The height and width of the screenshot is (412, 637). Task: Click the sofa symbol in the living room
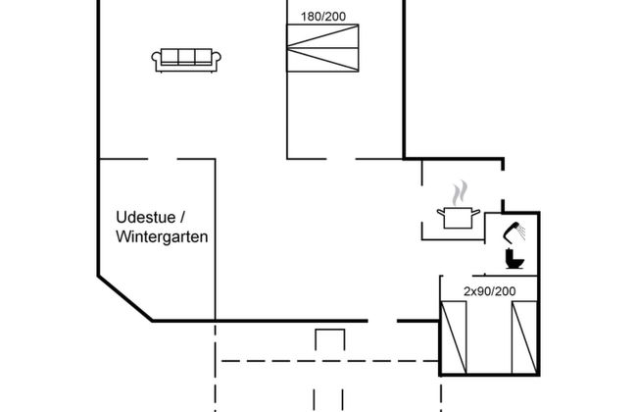(x=187, y=59)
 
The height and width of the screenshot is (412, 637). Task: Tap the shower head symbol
(x=514, y=232)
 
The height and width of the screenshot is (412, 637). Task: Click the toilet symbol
(x=514, y=260)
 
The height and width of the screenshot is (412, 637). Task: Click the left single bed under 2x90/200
(x=455, y=336)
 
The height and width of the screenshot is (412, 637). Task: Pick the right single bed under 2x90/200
(x=524, y=336)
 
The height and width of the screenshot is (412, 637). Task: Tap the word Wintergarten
(x=162, y=237)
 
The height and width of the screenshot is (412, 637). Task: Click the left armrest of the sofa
(x=157, y=61)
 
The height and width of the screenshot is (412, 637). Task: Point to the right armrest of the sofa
(x=218, y=61)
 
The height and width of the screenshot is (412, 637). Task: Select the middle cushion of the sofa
(x=187, y=57)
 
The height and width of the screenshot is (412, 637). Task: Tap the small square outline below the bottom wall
(x=331, y=339)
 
